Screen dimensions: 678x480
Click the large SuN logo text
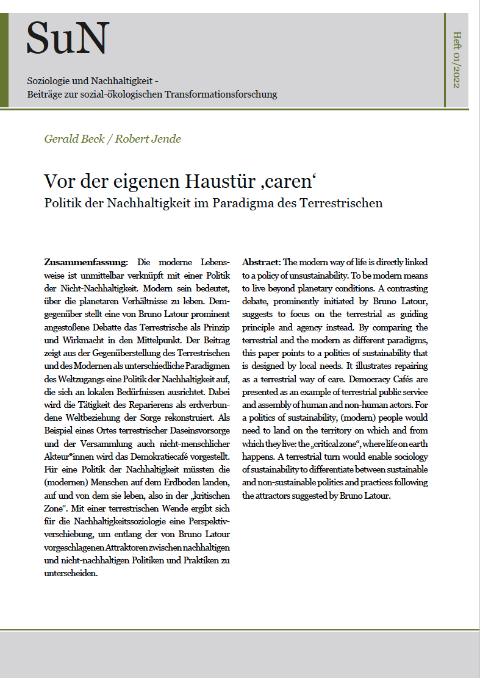click(68, 38)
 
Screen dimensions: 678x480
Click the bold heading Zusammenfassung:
click(86, 262)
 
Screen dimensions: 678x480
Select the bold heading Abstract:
click(261, 262)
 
